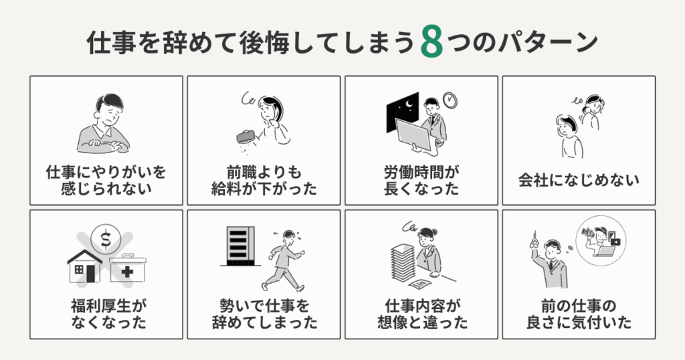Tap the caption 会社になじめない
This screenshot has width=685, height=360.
(579, 179)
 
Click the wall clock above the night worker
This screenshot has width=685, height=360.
(451, 100)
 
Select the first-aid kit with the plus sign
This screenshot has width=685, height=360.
(127, 268)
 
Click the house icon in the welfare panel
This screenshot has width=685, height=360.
(84, 266)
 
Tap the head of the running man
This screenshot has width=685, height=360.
(289, 236)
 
